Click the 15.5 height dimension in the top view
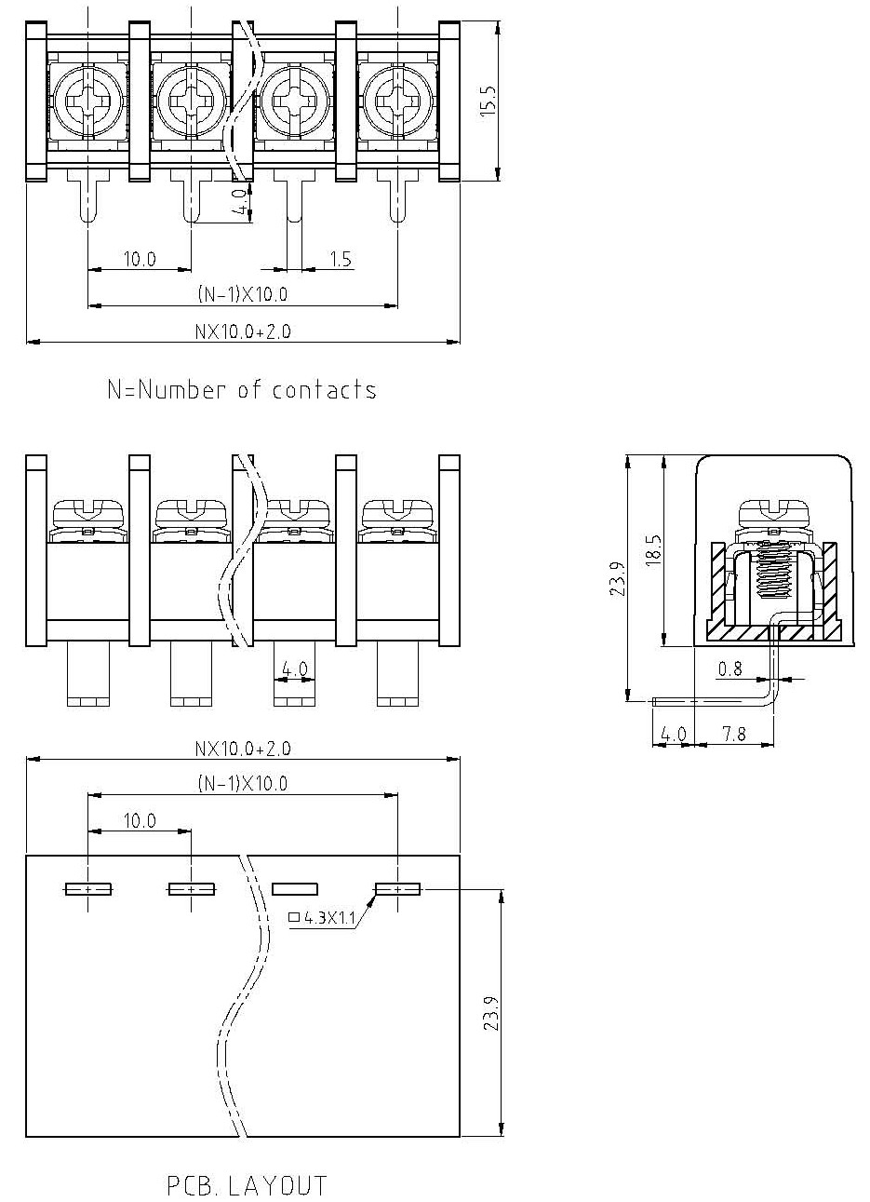pyautogui.click(x=489, y=101)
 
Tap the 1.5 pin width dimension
pyautogui.click(x=341, y=259)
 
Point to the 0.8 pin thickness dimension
pyautogui.click(x=730, y=669)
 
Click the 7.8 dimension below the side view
pyautogui.click(x=734, y=734)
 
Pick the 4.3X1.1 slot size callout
pyautogui.click(x=322, y=918)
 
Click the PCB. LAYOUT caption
pyautogui.click(x=247, y=1185)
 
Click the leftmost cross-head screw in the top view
pyautogui.click(x=88, y=101)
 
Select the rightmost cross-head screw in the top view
pyautogui.click(x=397, y=101)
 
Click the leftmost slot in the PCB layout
pyautogui.click(x=88, y=890)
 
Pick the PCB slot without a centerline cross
pyautogui.click(x=294, y=890)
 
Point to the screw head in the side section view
pyautogui.click(x=773, y=513)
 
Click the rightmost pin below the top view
pyautogui.click(x=397, y=196)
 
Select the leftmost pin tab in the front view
pyautogui.click(x=88, y=674)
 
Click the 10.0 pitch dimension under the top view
pyautogui.click(x=140, y=259)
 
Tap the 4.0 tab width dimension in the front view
pyautogui.click(x=294, y=669)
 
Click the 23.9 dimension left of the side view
pyautogui.click(x=617, y=578)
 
